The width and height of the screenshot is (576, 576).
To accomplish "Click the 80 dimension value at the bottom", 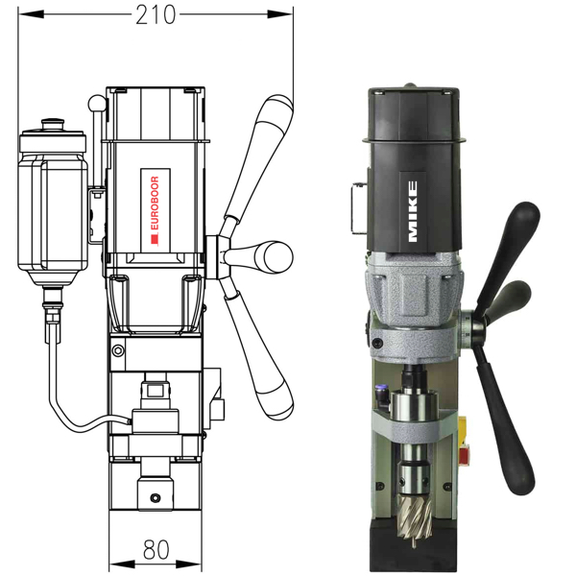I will click(156, 550).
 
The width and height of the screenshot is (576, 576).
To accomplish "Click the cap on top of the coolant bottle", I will click(53, 127).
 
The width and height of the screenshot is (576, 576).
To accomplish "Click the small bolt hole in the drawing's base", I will click(156, 497).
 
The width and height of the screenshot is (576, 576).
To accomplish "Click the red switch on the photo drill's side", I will click(471, 444).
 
